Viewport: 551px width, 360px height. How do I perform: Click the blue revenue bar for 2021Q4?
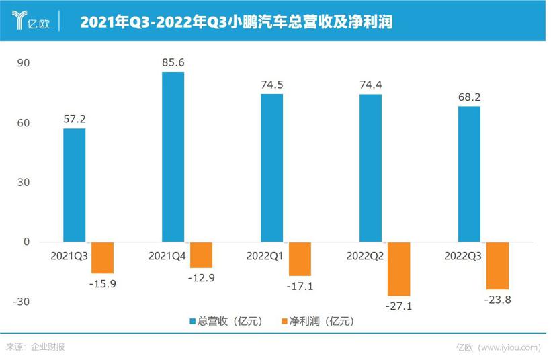173,156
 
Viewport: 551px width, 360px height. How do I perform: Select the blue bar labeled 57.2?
74,185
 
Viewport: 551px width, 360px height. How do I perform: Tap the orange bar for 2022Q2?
398,269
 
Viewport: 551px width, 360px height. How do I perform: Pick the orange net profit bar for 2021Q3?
102,257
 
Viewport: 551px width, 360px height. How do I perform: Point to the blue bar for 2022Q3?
469,174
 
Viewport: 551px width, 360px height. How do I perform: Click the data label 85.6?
173,63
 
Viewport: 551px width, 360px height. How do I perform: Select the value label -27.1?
398,306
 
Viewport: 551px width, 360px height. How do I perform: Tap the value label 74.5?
271,85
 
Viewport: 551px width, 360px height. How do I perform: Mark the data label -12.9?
201,278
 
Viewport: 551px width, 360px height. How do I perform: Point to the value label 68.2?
469,97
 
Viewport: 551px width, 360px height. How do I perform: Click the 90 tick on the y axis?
24,63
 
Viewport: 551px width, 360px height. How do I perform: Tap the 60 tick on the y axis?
24,123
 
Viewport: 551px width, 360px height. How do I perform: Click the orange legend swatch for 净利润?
285,322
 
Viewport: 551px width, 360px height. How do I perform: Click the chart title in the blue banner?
236,21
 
